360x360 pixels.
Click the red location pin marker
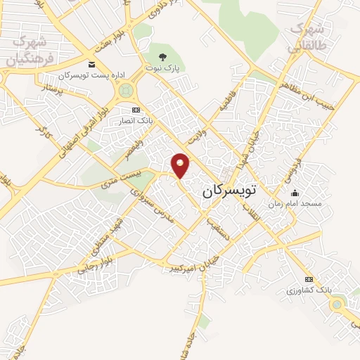coord(181,165)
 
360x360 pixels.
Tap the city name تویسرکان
coord(231,191)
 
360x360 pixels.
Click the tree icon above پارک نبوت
coord(163,57)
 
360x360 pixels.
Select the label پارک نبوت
coord(163,69)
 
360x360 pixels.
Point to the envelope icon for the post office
coord(92,65)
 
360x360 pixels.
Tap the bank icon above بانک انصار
coord(136,110)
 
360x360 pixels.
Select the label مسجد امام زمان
coord(298,202)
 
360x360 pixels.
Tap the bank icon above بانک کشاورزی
coord(309,279)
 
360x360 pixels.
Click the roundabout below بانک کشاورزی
coord(340,305)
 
